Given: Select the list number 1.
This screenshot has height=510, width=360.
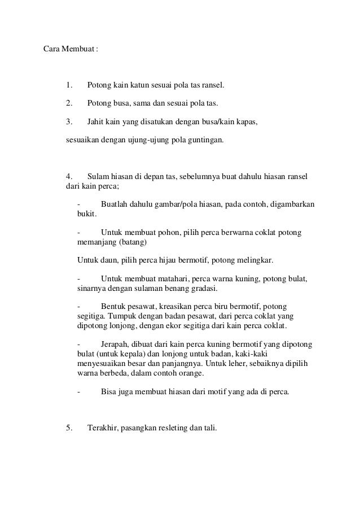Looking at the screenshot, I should coord(69,86).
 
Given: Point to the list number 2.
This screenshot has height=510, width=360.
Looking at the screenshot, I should coord(69,103).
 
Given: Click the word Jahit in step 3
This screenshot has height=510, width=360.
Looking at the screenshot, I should coord(96,121).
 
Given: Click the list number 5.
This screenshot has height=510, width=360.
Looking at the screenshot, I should coord(69,428).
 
